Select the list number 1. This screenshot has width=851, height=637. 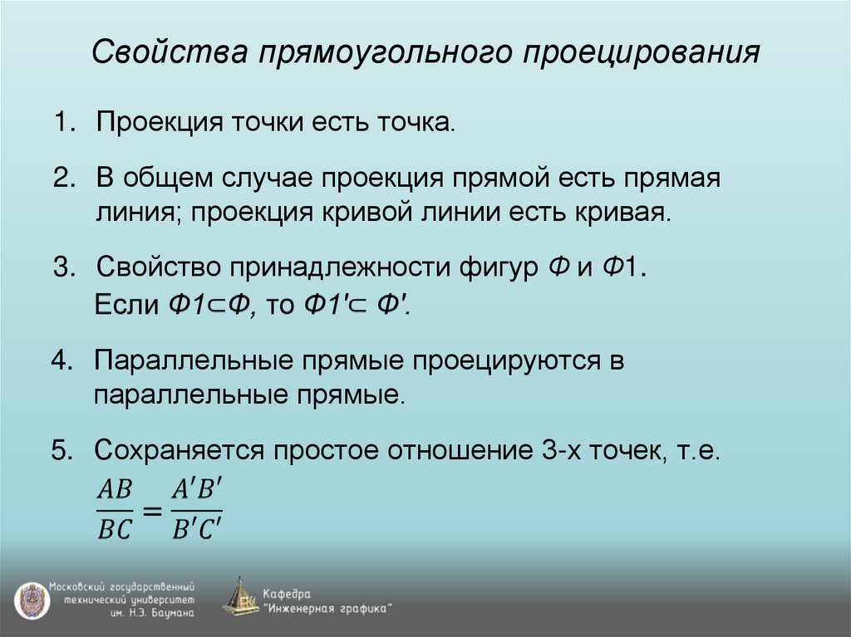coord(63,125)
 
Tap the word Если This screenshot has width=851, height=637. coord(124,304)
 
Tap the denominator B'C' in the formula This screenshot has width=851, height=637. coord(198,529)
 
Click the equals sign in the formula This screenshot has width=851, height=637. coord(152,511)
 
